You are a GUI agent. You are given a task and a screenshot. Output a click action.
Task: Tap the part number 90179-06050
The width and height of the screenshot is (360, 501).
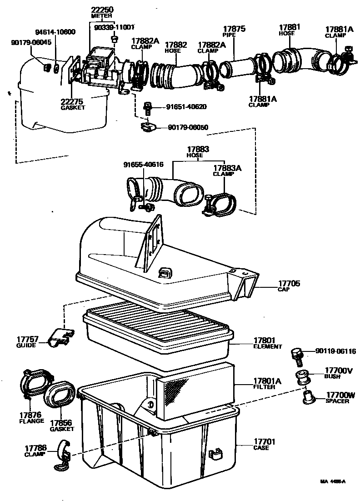click(x=188, y=127)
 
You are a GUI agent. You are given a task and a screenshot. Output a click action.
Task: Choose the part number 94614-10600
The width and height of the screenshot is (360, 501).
click(x=55, y=32)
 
